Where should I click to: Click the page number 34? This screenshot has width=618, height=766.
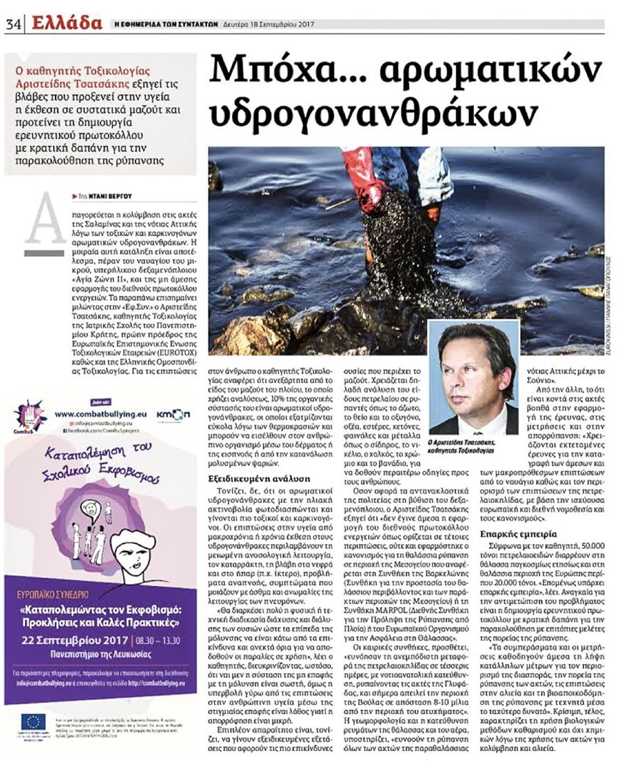pyautogui.click(x=13, y=23)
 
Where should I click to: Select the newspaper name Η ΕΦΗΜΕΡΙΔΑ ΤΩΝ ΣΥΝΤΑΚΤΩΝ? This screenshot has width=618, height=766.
pyautogui.click(x=165, y=24)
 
